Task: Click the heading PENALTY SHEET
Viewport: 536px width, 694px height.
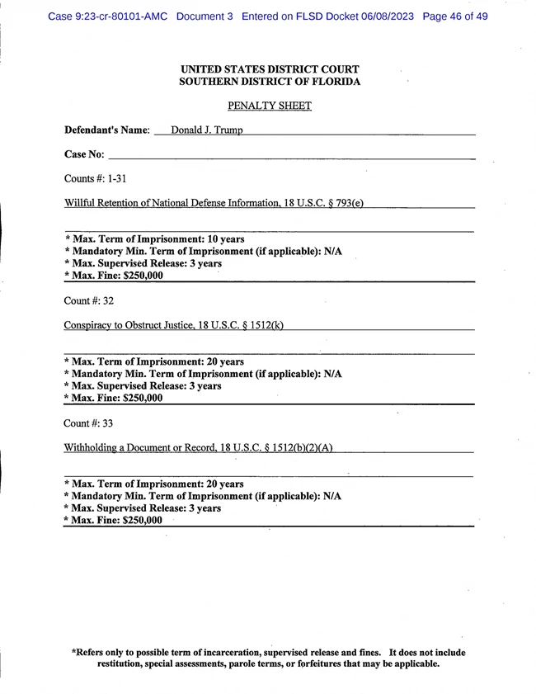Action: (x=269, y=106)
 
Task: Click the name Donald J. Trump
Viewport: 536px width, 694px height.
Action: (x=206, y=130)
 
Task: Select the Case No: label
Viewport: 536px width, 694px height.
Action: (x=84, y=154)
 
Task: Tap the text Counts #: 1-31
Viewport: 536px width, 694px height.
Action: (x=95, y=178)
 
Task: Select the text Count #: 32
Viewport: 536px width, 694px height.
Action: (x=88, y=301)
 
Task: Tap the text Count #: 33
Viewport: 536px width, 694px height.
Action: (x=88, y=423)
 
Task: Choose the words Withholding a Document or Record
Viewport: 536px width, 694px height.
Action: (x=140, y=447)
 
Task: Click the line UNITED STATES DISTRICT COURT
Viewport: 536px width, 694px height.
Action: (x=269, y=69)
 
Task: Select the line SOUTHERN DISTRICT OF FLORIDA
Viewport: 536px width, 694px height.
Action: (x=269, y=82)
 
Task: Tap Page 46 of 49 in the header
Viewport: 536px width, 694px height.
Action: (x=454, y=16)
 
